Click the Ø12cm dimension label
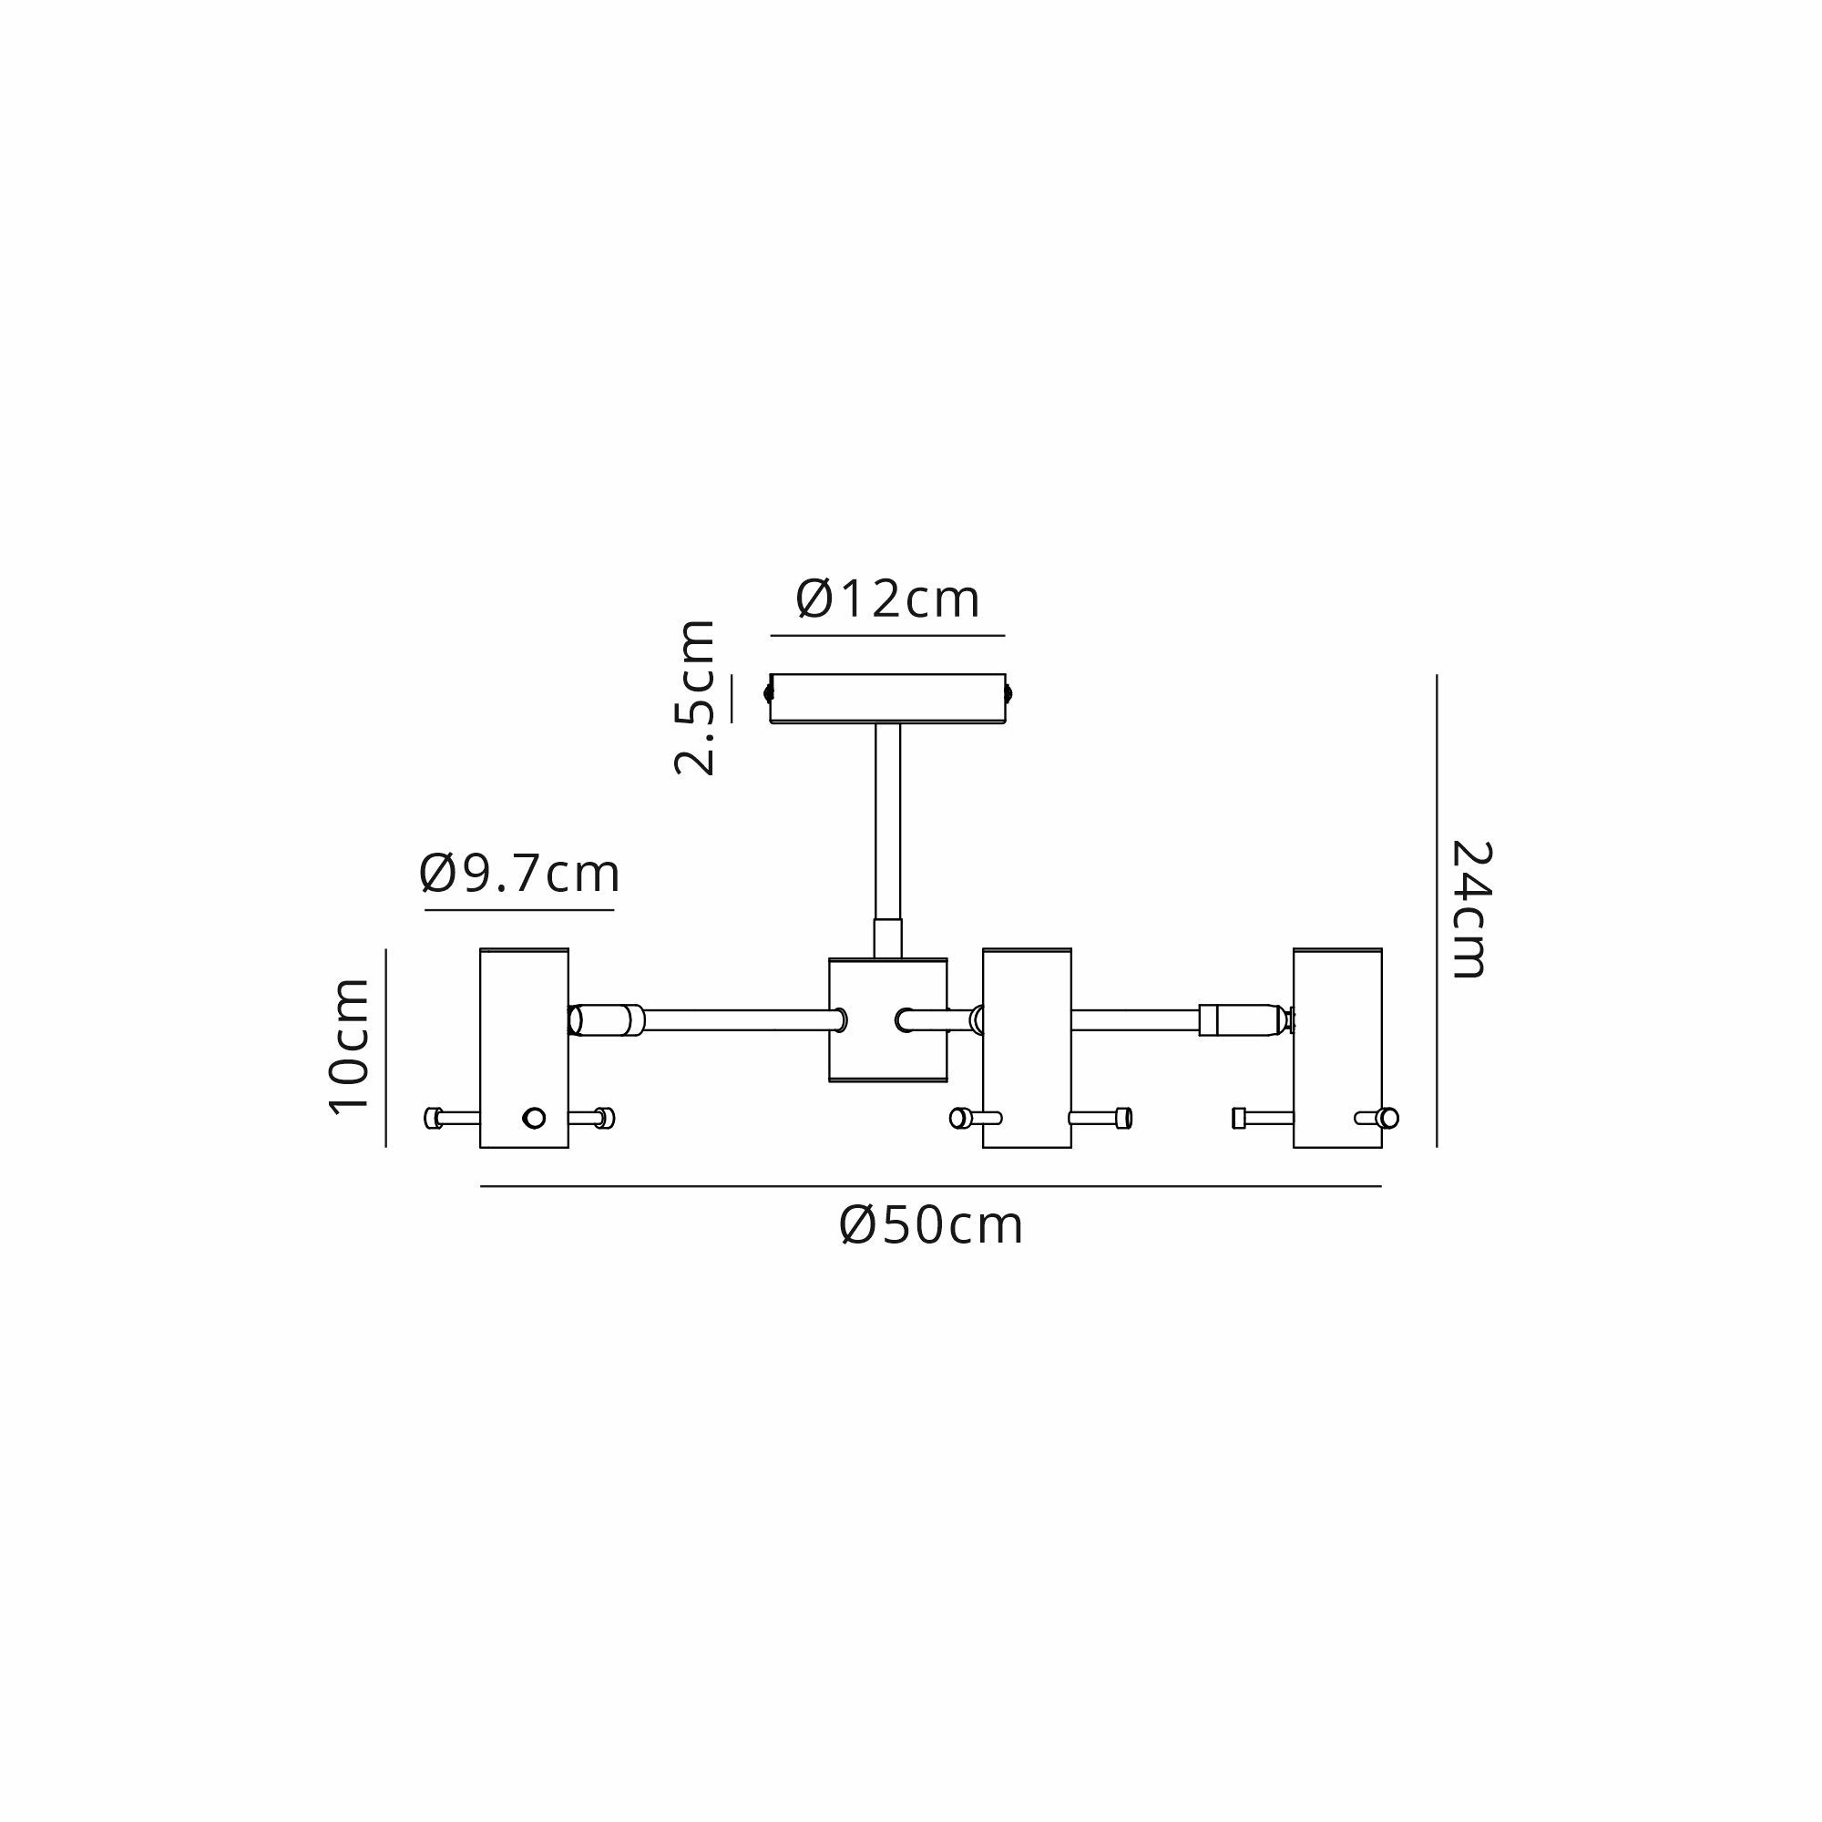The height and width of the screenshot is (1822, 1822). [887, 599]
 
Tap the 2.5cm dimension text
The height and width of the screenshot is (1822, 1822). [695, 698]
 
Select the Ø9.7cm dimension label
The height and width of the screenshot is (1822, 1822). [519, 874]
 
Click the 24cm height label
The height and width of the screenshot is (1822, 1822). [1470, 909]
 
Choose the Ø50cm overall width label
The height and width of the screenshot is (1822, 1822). [931, 1226]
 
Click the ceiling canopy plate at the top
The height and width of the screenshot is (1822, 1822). [887, 699]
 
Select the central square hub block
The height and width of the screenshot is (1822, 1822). [887, 1019]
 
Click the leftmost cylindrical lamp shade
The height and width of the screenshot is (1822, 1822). [525, 1048]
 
